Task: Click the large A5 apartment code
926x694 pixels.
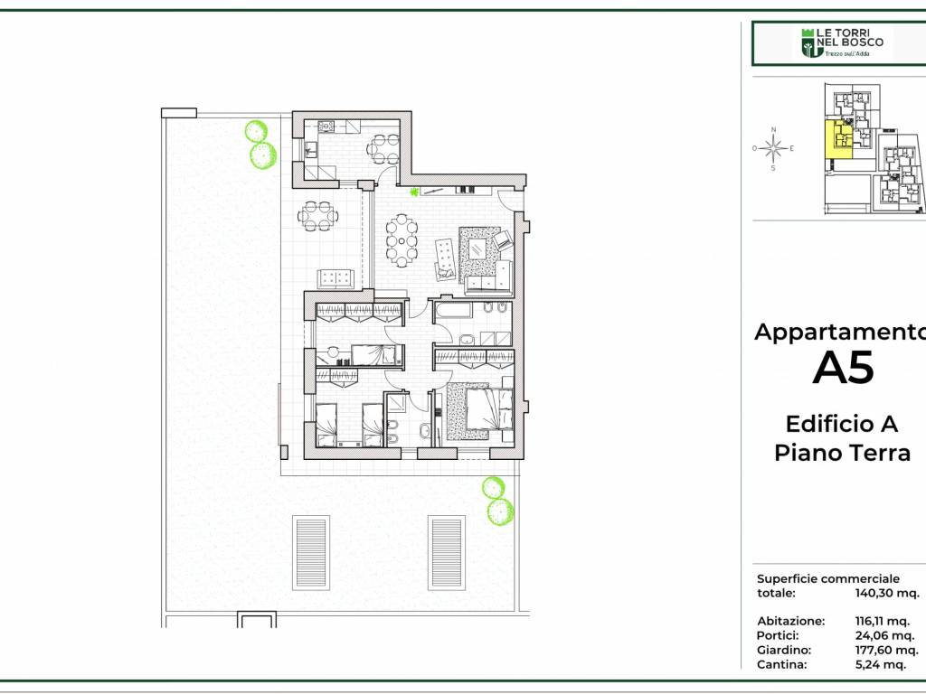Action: coord(843,369)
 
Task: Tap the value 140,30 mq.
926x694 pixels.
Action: coord(886,593)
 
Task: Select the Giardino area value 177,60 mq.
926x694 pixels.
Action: coord(886,650)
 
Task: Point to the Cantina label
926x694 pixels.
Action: coord(781,664)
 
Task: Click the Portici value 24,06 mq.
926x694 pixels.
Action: coord(884,635)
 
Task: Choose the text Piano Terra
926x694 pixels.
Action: coord(842,454)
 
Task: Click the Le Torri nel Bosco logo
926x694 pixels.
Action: coord(842,43)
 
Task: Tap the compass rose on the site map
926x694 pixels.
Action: coord(773,148)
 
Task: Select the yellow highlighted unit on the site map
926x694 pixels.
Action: coord(838,138)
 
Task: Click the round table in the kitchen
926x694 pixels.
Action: coord(383,149)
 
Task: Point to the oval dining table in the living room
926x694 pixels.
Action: coord(402,240)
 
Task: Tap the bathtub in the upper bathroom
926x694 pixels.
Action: coord(452,310)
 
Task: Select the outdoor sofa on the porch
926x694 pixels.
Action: coord(335,278)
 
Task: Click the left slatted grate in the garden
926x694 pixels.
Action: coord(311,552)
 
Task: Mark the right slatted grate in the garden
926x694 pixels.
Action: coord(447,552)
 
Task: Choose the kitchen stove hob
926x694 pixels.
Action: coord(326,126)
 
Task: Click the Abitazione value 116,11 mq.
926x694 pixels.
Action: coord(883,622)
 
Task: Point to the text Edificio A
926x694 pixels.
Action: coord(842,424)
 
